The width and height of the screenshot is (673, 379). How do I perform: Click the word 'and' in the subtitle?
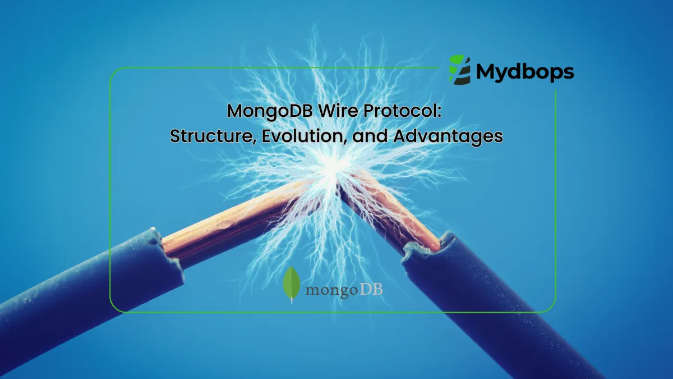367,136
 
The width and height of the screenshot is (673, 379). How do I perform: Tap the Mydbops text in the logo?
525,72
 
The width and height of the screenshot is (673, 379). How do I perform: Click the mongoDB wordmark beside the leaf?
344,290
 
